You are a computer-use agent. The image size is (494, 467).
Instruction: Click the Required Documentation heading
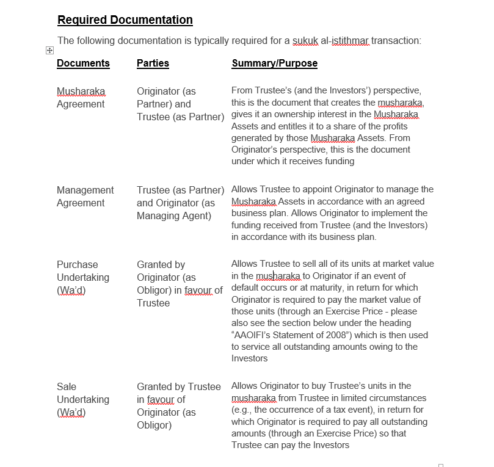[x=125, y=20]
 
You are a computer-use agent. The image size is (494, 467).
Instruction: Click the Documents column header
[x=83, y=63]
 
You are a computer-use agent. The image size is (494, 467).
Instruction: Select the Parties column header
[x=153, y=63]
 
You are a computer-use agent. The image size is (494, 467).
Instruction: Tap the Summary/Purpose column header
[x=274, y=63]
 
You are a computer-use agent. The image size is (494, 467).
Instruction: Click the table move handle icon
[x=49, y=51]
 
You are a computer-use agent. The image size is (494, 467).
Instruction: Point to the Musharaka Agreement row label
[x=81, y=98]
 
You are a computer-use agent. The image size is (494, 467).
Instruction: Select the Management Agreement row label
[x=85, y=197]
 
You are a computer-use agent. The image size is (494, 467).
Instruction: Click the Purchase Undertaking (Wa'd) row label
[x=83, y=277]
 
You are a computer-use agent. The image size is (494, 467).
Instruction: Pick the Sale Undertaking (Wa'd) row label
[x=83, y=399]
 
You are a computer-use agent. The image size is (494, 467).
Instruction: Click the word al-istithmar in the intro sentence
[x=350, y=41]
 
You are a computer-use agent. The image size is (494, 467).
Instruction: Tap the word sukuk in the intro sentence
[x=306, y=41]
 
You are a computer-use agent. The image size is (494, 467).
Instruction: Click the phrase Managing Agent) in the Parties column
[x=174, y=215]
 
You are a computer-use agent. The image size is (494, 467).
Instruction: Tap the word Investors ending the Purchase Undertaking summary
[x=249, y=358]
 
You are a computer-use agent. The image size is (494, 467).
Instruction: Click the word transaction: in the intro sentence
[x=396, y=41]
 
